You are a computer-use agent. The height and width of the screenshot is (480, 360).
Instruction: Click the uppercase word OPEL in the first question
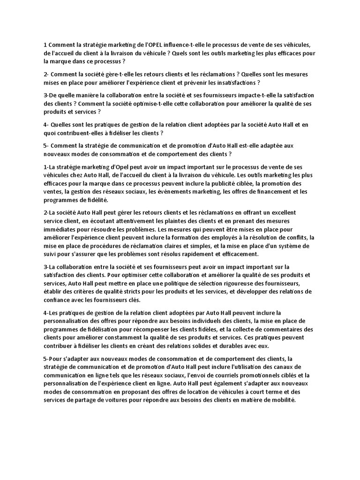[x=156, y=45]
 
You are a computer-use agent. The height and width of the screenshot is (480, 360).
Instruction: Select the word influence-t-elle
[x=187, y=45]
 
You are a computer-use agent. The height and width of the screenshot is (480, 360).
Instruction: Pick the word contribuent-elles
[x=85, y=133]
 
